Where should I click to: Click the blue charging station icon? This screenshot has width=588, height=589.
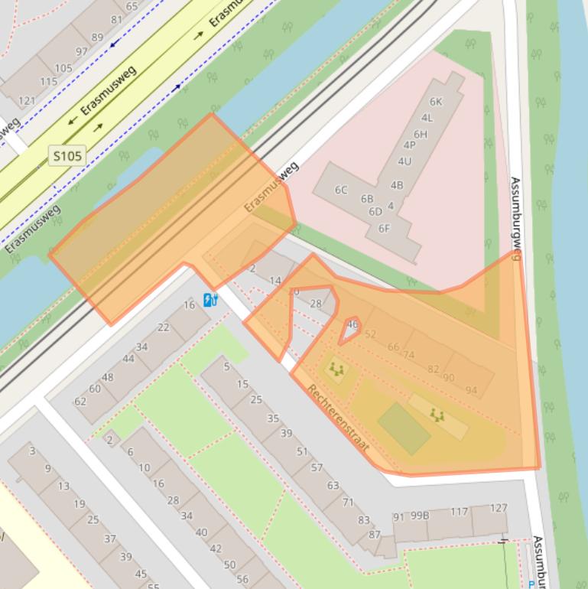[x=210, y=299]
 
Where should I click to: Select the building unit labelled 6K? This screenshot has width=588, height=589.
[x=436, y=102]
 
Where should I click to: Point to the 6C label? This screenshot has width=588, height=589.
[x=341, y=190]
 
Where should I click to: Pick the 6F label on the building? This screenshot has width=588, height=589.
[x=384, y=228]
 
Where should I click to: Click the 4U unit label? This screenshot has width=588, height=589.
[x=404, y=161]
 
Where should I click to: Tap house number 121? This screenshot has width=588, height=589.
[x=27, y=101]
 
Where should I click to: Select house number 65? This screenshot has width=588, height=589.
[x=132, y=7]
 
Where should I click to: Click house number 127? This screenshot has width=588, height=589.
[x=498, y=508]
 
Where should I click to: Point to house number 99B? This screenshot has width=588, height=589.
[x=420, y=516]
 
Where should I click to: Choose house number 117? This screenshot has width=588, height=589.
[x=459, y=512]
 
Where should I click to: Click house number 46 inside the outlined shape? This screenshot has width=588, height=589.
[x=352, y=324]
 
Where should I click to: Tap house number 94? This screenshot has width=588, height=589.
[x=471, y=390]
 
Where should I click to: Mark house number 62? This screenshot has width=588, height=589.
[x=80, y=401]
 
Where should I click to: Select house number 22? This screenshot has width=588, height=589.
[x=163, y=327]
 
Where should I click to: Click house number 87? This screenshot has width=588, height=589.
[x=375, y=534]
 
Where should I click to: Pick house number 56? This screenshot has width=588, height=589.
[x=242, y=579]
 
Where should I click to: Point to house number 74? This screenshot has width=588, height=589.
[x=409, y=355]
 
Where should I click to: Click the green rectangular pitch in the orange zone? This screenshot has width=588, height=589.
[x=404, y=429]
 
